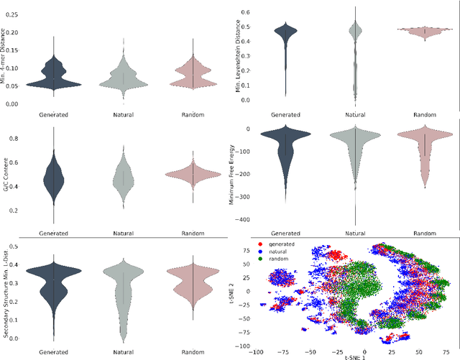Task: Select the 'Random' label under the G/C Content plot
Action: [193, 233]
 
